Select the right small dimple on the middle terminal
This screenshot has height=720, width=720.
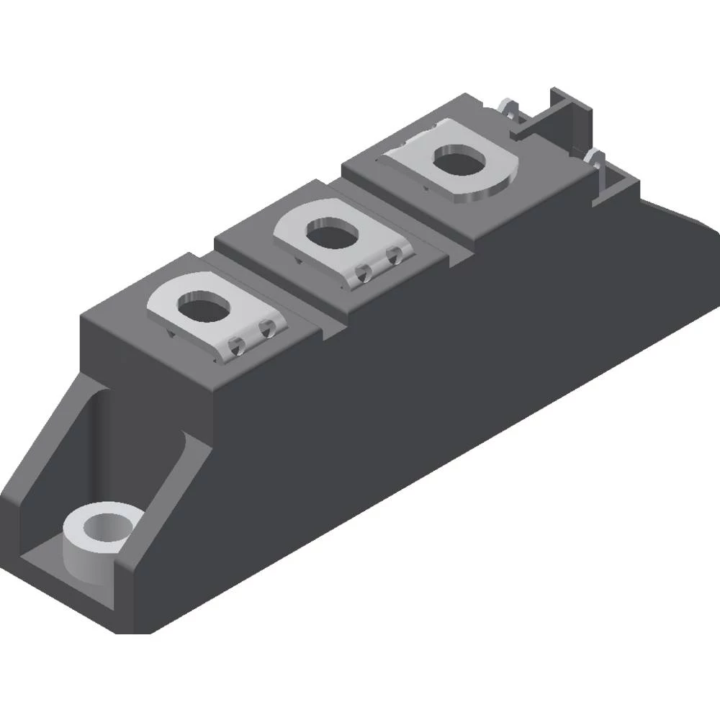394,254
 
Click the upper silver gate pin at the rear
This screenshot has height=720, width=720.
510,109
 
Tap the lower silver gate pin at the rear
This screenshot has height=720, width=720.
595,158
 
